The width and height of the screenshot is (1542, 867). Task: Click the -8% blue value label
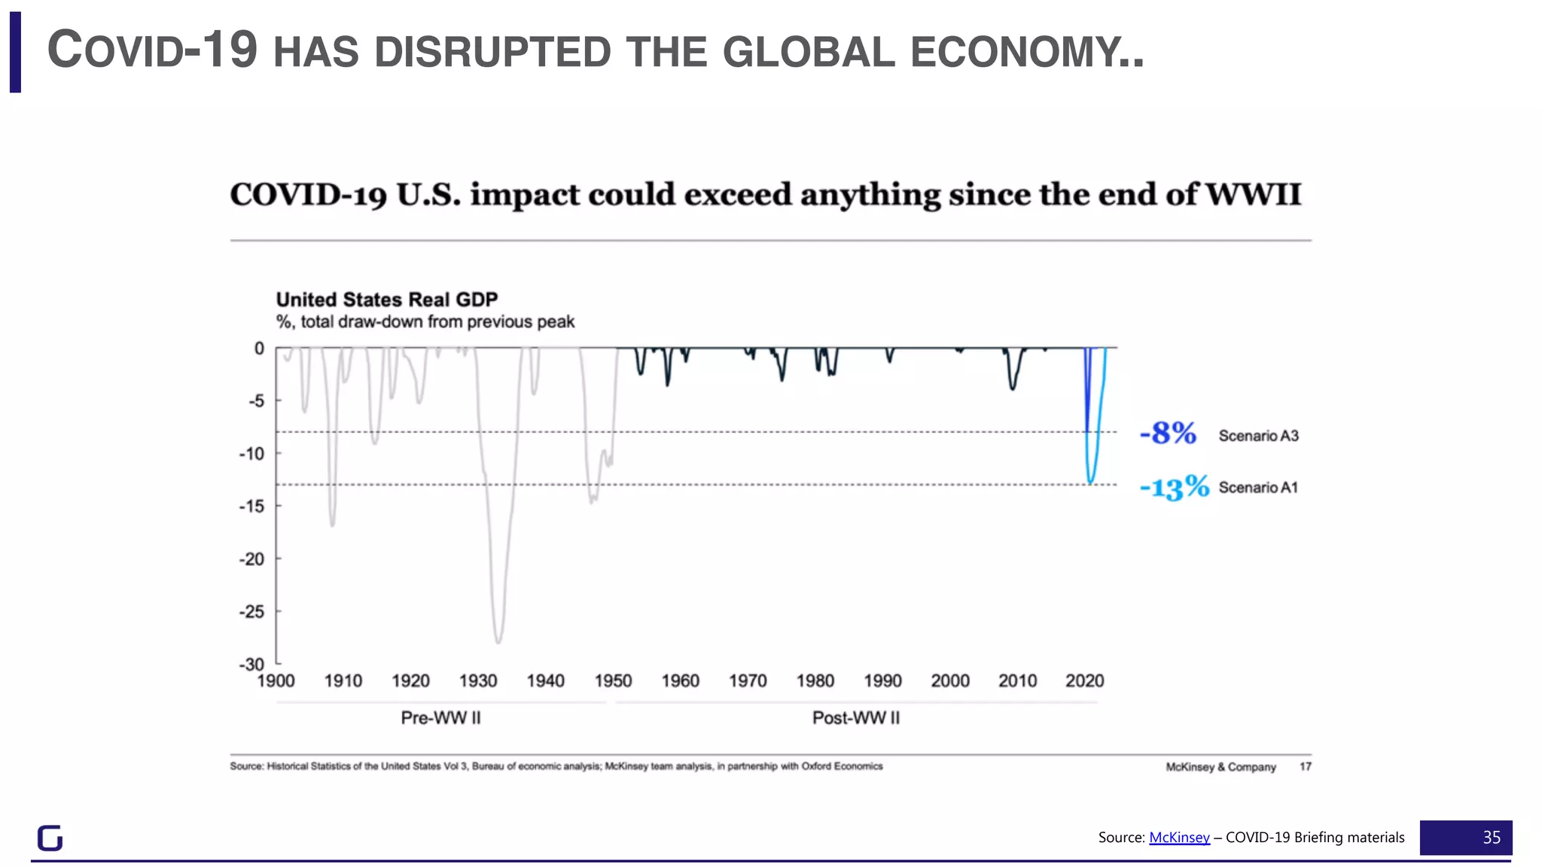coord(1168,433)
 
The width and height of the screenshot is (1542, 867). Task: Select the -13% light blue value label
coord(1174,487)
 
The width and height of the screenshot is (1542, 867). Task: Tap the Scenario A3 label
coord(1258,436)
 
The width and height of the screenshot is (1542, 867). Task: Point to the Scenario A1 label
coord(1258,488)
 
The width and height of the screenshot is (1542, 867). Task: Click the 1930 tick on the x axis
coord(478,681)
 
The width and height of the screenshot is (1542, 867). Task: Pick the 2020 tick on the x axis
coord(1084,681)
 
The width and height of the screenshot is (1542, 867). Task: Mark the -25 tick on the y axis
coord(252,612)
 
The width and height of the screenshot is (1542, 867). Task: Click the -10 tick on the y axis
coord(252,454)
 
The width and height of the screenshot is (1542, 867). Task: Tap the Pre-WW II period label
coord(440,718)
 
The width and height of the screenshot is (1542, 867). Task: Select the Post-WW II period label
coord(855,718)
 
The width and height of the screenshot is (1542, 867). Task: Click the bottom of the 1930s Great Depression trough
coord(498,641)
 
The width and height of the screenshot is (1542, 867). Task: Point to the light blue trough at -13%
coord(1090,481)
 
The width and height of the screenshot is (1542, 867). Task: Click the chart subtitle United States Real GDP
coord(386,300)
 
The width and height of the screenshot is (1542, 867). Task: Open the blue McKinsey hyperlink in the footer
coord(1179,838)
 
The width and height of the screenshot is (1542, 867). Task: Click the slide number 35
coord(1491,838)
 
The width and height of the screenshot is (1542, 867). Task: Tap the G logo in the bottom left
coord(50,838)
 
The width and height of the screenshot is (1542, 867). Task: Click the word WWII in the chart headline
coord(1253,195)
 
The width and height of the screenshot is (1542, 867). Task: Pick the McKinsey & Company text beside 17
coord(1220,767)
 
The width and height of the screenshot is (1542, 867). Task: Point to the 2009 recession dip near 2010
coord(1012,387)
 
